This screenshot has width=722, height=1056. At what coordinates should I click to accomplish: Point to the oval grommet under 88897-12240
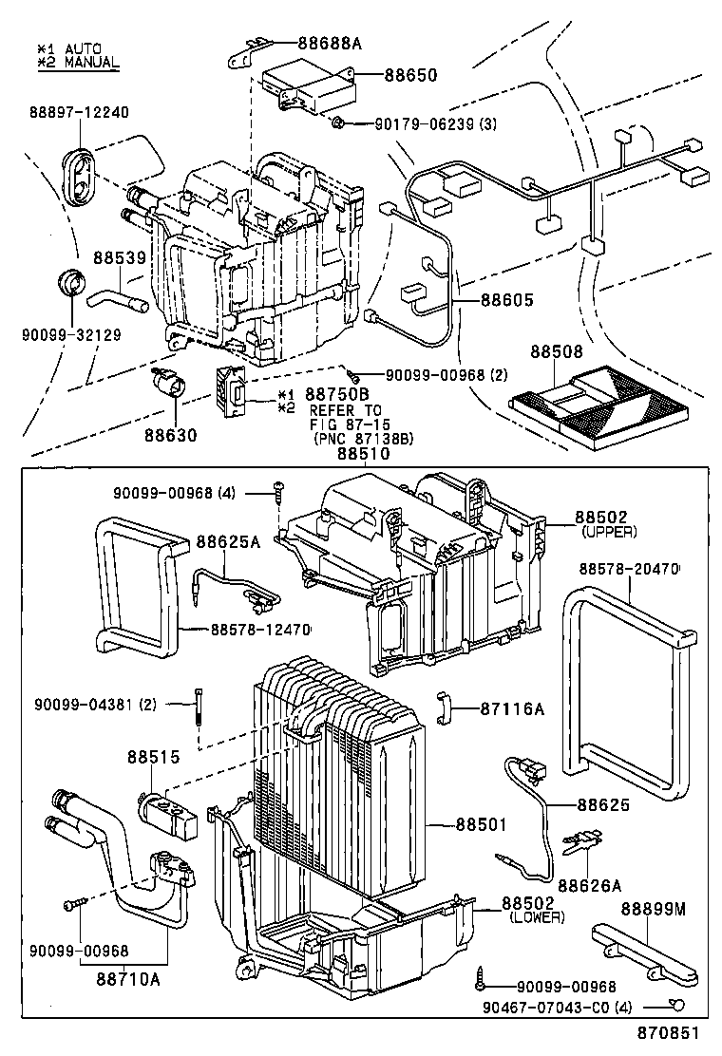(81, 173)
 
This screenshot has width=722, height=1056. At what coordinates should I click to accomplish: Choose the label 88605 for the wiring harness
(506, 300)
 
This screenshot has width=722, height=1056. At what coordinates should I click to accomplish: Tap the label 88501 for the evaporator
(483, 823)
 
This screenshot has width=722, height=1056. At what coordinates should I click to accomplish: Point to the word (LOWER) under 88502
(537, 917)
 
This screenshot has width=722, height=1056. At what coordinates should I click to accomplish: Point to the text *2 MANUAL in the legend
(78, 63)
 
